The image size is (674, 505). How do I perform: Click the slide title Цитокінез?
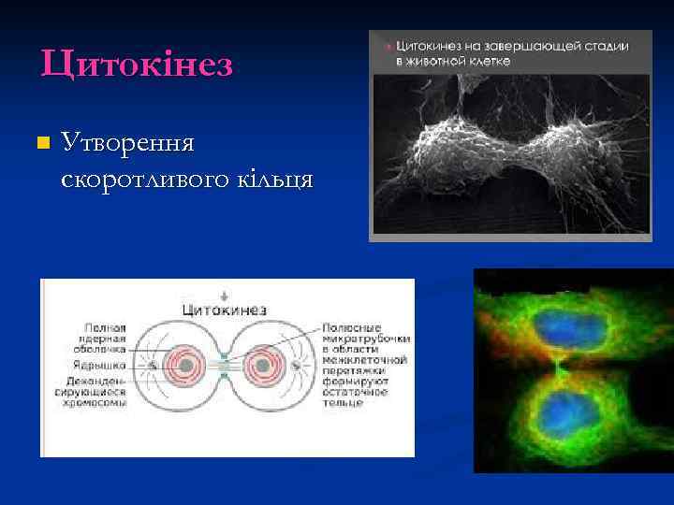tap(137, 65)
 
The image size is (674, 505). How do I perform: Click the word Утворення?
tap(126, 143)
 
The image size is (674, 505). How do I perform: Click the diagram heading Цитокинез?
tap(224, 310)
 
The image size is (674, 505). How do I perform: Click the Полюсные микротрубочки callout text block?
tap(363, 365)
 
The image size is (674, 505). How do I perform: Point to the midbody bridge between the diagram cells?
tap(224, 366)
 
